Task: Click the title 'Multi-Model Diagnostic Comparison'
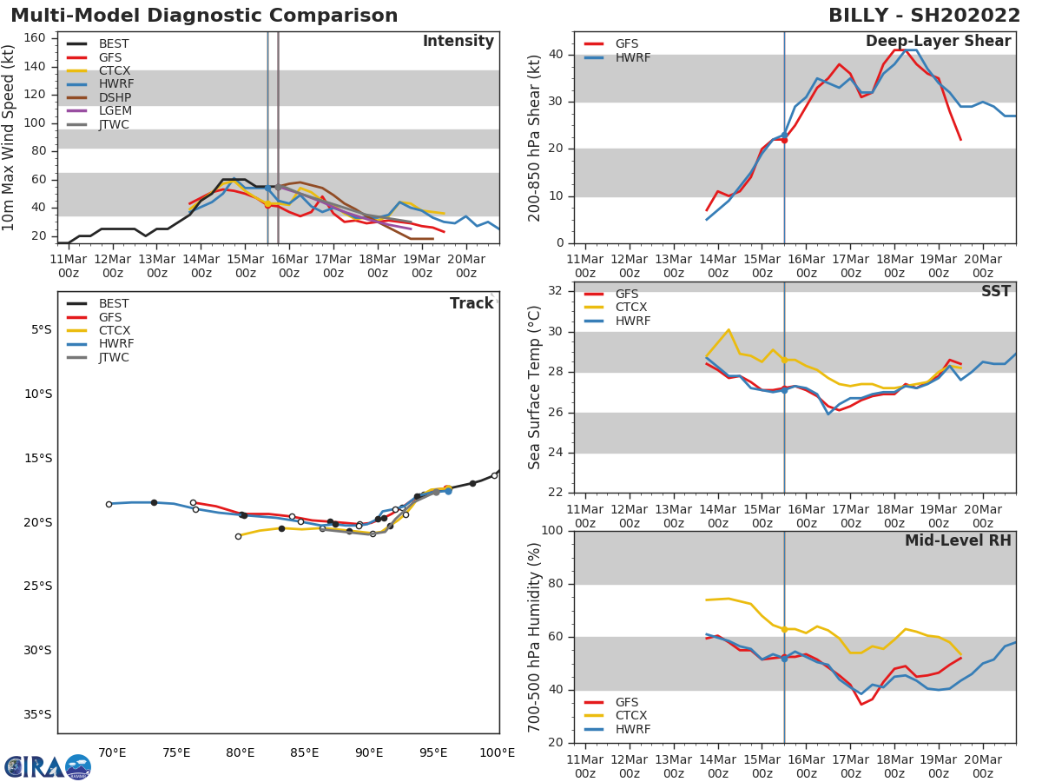(x=204, y=16)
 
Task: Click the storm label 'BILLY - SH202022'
(x=924, y=16)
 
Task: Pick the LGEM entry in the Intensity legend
(x=115, y=111)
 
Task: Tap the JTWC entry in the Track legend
(x=114, y=357)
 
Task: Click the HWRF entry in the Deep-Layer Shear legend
(x=632, y=57)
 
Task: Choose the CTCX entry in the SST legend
(x=632, y=308)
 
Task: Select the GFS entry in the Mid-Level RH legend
(x=627, y=702)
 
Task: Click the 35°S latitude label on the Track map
(x=38, y=715)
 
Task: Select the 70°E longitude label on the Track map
(x=112, y=752)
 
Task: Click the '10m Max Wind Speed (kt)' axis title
(x=10, y=137)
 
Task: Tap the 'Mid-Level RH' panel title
(x=958, y=541)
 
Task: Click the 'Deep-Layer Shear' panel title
(x=938, y=42)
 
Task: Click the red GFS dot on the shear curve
(x=784, y=140)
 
